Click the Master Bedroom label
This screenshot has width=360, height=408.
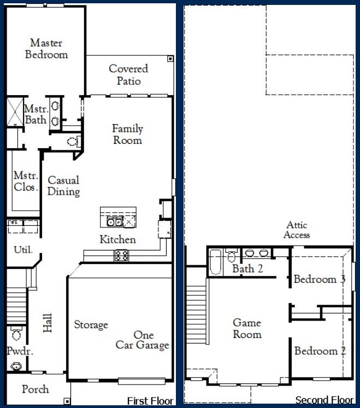tap(46, 49)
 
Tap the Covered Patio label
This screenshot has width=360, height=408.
tap(128, 75)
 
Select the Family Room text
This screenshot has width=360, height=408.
tap(127, 135)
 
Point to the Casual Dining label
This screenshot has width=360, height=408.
tap(63, 186)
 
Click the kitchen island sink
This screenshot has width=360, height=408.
tap(114, 222)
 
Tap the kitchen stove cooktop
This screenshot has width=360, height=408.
tap(121, 255)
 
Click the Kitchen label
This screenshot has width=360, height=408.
tap(117, 240)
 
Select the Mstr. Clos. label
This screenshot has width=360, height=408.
tap(26, 181)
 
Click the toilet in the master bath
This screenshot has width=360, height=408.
tap(73, 142)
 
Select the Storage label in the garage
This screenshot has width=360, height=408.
tap(91, 325)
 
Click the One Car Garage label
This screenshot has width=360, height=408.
tap(143, 340)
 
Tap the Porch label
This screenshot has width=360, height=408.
tap(35, 389)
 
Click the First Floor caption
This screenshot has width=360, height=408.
tap(150, 401)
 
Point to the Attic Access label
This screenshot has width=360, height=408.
tap(297, 230)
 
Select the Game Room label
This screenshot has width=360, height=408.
tap(247, 329)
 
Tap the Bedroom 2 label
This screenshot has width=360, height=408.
tap(320, 351)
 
